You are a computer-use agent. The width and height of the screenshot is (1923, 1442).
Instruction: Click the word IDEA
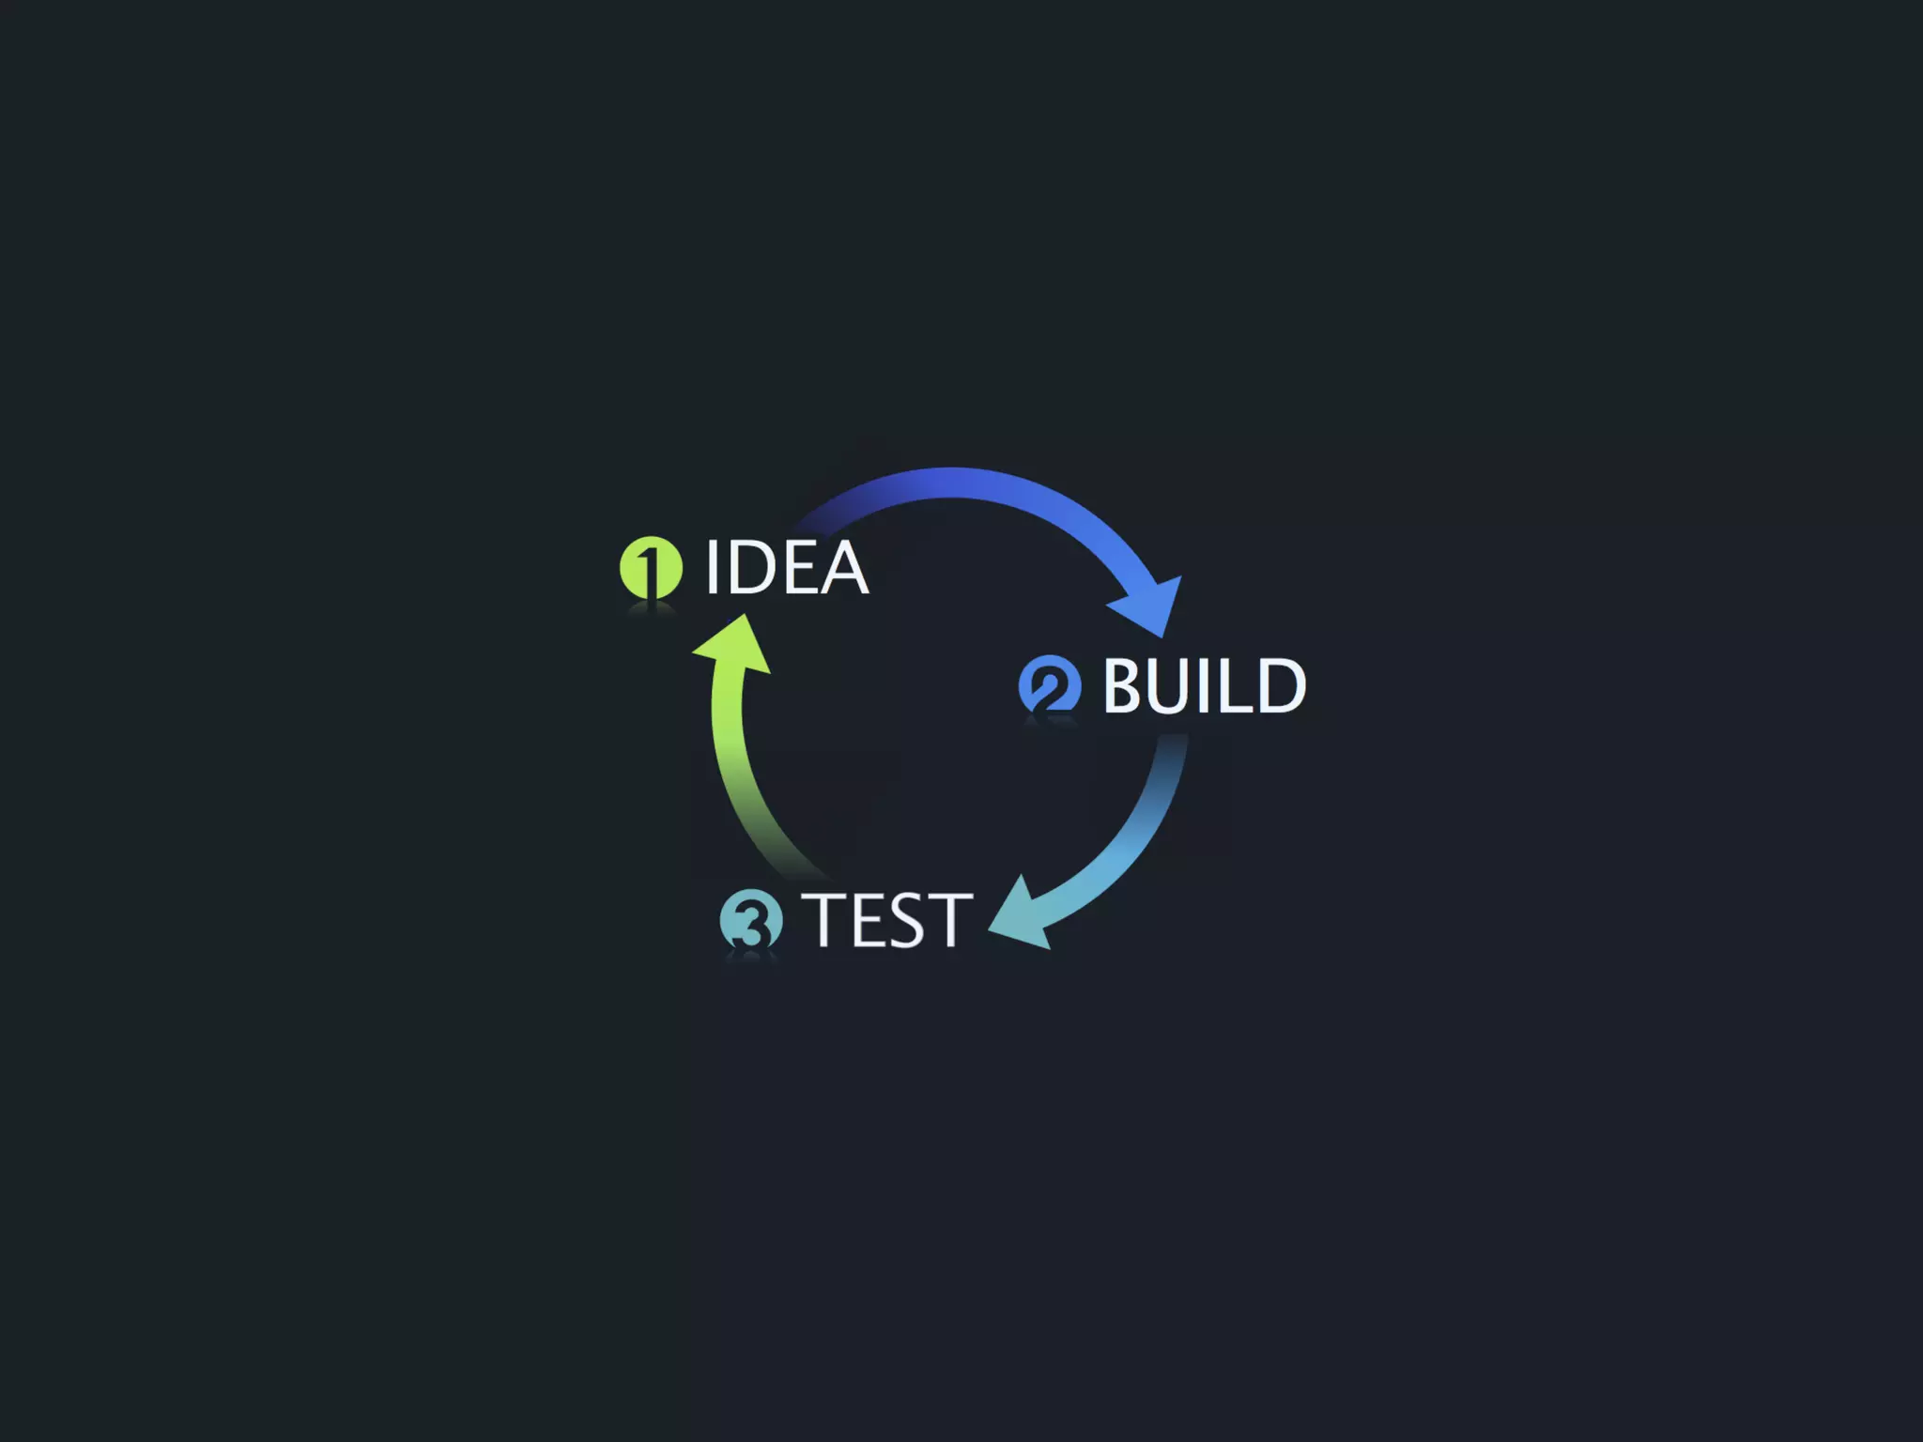click(787, 567)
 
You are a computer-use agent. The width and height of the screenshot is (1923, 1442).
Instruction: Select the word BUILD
click(1204, 685)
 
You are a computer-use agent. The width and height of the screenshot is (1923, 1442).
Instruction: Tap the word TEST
click(887, 920)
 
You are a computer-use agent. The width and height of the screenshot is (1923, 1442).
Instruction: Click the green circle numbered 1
click(651, 567)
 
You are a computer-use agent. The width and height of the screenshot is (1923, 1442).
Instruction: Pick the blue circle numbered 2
click(1050, 685)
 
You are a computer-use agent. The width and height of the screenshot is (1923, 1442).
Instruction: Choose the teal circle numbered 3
click(751, 920)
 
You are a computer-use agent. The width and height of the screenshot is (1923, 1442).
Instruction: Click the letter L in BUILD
click(1234, 685)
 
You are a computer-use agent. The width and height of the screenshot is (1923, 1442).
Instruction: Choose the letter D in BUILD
click(1279, 685)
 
